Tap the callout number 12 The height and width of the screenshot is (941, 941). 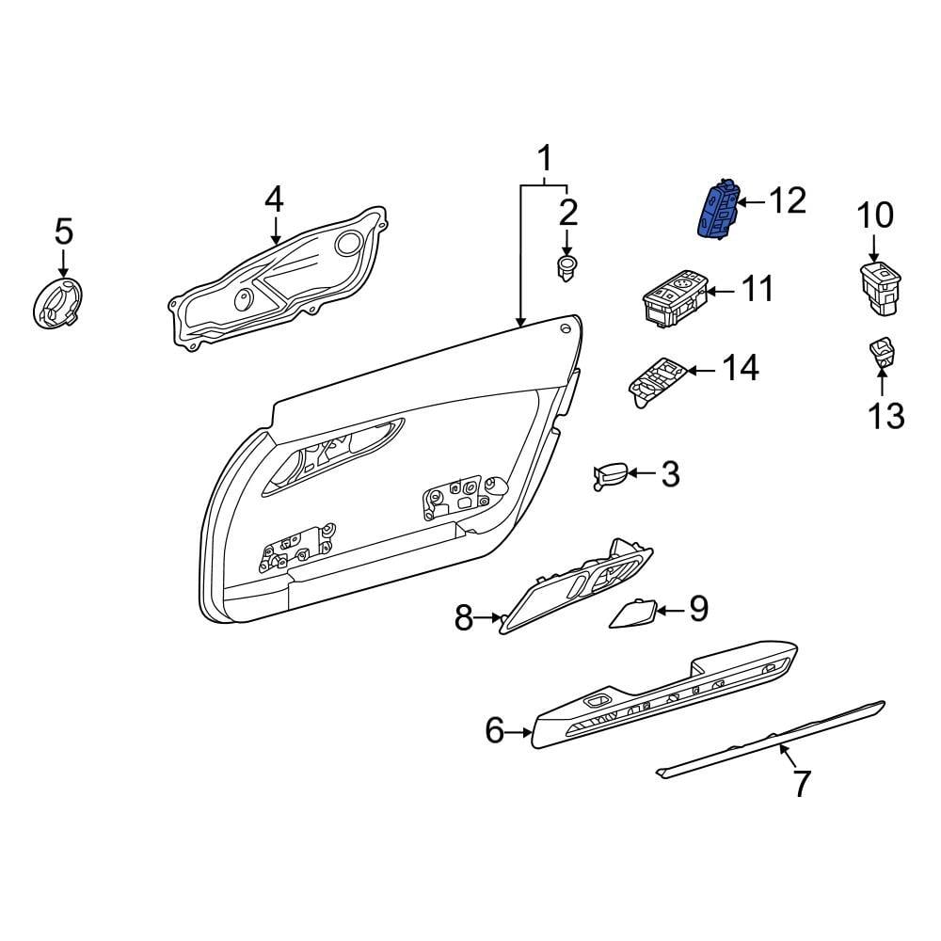(787, 200)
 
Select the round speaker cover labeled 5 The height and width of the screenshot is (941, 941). (56, 304)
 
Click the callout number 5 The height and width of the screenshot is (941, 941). (63, 230)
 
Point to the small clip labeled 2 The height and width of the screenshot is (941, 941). (566, 266)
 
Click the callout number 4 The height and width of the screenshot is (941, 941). (273, 199)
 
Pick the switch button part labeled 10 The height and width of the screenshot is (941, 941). (879, 285)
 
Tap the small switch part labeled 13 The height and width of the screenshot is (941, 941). (882, 353)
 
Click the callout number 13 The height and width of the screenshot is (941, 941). (885, 414)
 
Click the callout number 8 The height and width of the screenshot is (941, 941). (464, 618)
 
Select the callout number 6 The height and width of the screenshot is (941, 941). (495, 730)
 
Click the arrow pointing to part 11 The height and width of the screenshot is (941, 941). (718, 292)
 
